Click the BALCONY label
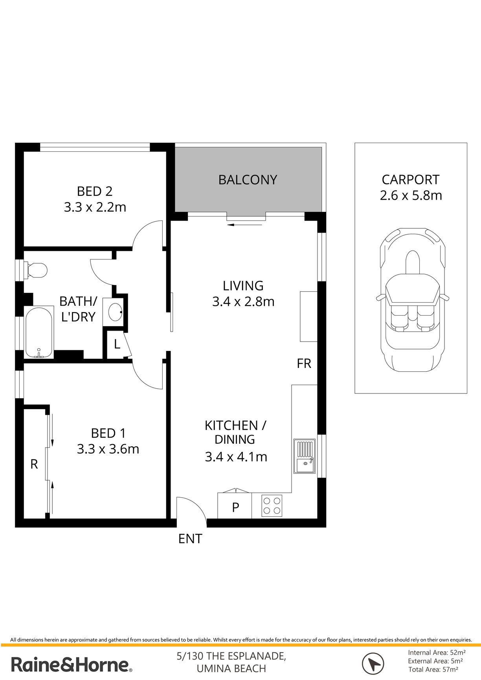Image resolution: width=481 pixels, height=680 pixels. pos(248,180)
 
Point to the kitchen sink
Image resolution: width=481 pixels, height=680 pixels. pos(305,456)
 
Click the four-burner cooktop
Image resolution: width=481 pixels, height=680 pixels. pos(272,505)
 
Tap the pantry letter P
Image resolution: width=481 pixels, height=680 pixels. pos(235,507)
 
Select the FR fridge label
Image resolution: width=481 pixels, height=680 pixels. pos(304,364)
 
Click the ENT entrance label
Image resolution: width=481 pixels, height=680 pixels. pos(190,538)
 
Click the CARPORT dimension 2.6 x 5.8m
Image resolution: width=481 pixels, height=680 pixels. pos(411,195)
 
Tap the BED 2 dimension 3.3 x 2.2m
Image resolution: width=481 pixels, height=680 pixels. pos(95,207)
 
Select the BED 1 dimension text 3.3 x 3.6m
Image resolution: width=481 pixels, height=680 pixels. pos(108,449)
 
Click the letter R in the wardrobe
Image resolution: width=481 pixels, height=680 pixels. pos(34,464)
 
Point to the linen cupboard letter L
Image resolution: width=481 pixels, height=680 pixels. pos(117,344)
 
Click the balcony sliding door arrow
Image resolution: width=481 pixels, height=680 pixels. pos(244,225)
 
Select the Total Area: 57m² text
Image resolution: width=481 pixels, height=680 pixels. pos(433,669)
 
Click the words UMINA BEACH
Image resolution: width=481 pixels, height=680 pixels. pos(231,669)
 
